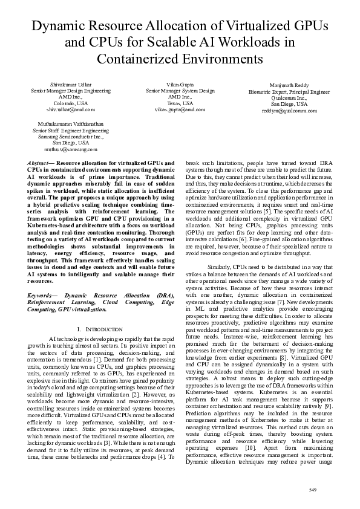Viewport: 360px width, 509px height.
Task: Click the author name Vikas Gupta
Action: (x=180, y=83)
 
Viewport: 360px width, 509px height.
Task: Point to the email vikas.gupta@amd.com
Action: (x=180, y=109)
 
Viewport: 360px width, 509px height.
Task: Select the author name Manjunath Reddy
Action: (x=289, y=85)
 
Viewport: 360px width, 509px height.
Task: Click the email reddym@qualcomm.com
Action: (x=289, y=111)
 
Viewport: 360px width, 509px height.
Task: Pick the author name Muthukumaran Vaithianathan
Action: (x=71, y=123)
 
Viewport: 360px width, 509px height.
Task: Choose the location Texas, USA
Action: (x=180, y=103)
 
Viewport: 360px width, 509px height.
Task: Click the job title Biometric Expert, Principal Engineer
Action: (x=289, y=92)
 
